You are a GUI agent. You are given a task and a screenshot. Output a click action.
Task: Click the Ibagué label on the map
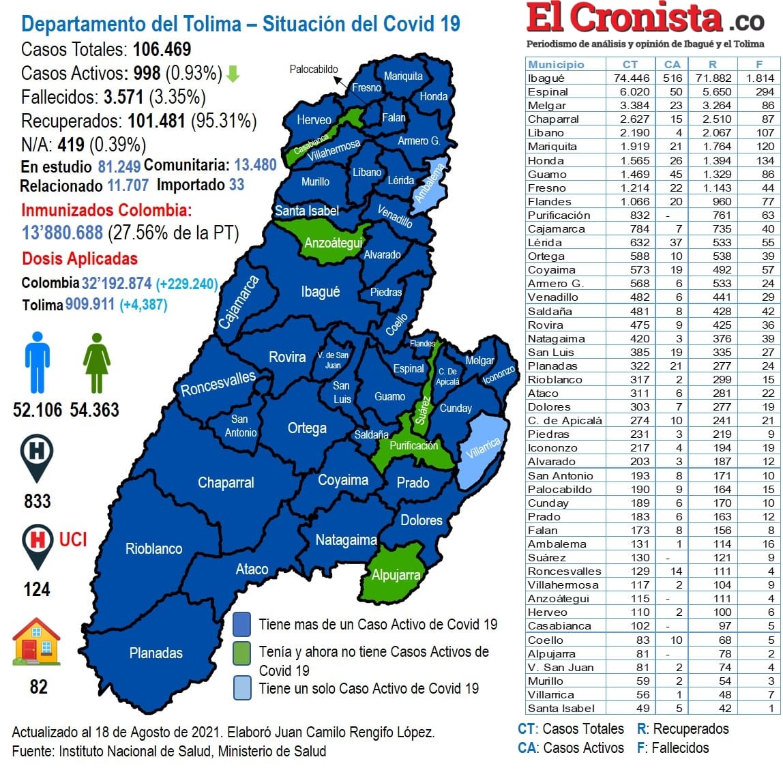(320, 292)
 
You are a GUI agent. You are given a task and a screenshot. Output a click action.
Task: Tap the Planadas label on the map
(156, 653)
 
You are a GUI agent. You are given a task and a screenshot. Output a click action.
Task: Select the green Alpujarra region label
(396, 575)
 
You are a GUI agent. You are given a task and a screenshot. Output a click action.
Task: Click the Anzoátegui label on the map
(333, 243)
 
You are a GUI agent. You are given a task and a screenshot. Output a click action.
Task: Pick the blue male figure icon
(38, 362)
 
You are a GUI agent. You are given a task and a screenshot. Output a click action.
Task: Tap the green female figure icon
(96, 362)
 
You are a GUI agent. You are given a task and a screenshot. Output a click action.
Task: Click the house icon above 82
(37, 642)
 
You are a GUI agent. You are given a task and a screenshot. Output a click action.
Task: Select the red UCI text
(73, 539)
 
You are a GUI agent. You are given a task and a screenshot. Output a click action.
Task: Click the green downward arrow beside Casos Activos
(233, 74)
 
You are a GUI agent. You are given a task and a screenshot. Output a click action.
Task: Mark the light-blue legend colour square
(241, 687)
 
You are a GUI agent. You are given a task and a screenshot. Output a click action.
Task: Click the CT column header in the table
(630, 64)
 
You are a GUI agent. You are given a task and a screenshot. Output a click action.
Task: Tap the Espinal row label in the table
(548, 91)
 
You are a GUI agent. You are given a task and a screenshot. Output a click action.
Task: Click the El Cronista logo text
(624, 19)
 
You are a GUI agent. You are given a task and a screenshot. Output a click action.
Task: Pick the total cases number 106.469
(162, 50)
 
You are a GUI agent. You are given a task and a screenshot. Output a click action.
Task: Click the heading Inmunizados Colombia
(106, 210)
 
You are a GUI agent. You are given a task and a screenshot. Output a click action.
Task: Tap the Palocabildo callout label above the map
(313, 69)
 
